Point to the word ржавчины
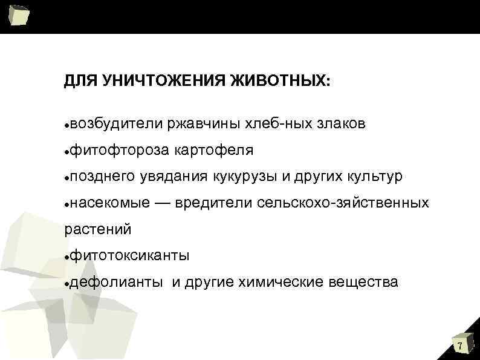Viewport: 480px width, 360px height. click(x=204, y=124)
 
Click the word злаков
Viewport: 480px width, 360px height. click(x=340, y=124)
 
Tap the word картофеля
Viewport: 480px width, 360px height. click(x=213, y=150)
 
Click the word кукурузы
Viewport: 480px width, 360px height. click(x=243, y=176)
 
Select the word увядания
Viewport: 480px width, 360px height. click(x=174, y=176)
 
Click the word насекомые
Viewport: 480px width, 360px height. click(x=108, y=203)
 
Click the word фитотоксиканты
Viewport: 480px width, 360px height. click(x=129, y=256)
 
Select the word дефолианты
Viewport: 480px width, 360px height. click(x=115, y=282)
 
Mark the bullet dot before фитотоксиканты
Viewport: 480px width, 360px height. click(x=66, y=257)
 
